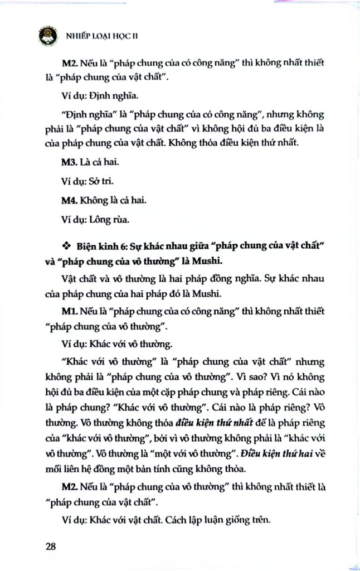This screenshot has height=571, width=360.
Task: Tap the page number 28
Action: click(x=51, y=546)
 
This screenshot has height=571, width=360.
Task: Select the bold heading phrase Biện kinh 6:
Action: click(x=99, y=245)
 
